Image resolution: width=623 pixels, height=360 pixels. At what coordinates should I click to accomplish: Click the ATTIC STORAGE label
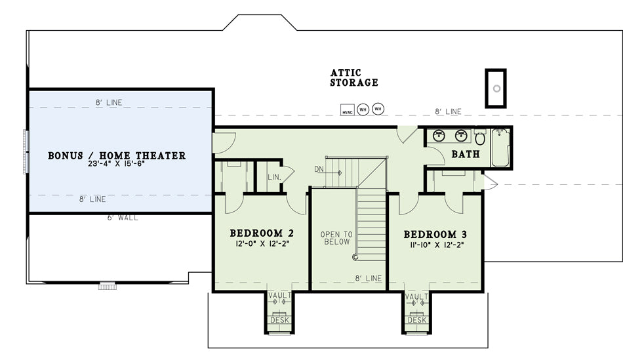pos(354,78)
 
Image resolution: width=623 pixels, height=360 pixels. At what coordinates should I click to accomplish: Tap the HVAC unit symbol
pos(348,110)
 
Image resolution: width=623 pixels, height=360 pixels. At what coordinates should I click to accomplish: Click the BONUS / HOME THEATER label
pos(117,155)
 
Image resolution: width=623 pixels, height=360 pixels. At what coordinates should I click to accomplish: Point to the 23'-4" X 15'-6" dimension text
pos(117,163)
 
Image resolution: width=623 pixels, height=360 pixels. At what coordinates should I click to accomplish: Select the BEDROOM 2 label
pos(262,233)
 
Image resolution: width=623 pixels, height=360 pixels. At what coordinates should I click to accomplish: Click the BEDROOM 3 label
pos(435,234)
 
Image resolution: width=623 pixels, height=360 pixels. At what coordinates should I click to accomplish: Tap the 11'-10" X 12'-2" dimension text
pos(437,245)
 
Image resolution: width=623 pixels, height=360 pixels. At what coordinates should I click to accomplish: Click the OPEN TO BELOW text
pos(336,238)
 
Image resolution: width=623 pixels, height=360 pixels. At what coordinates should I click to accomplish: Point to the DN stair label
pos(319,169)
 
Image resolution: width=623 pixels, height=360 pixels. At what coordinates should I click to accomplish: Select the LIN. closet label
pos(274,177)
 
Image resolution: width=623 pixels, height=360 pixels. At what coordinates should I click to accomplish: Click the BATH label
pos(466,154)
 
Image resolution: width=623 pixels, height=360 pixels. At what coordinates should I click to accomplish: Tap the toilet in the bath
pos(480,137)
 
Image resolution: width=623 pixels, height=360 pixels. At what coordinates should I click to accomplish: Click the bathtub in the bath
pos(500,148)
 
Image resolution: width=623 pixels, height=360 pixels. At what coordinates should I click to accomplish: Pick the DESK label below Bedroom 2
pos(280,320)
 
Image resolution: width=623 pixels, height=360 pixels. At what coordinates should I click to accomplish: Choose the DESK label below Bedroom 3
pos(417,320)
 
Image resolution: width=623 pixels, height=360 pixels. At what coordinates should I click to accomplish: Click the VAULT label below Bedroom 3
pos(417,297)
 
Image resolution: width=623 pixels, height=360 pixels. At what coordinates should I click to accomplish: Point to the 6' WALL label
pos(123,218)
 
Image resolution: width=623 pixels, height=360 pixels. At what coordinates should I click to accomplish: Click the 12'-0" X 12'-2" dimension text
pos(262,243)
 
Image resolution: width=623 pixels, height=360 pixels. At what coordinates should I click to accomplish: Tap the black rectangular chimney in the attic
pos(496,89)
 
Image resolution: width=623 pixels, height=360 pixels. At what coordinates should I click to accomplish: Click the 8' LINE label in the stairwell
pos(369,279)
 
